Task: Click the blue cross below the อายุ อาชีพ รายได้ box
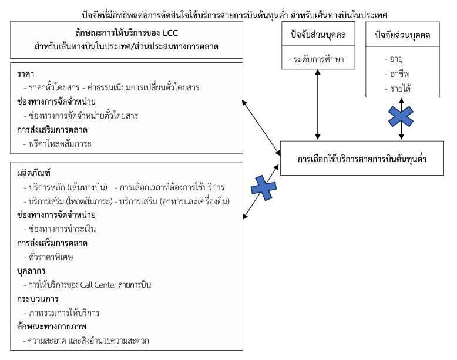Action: [x=401, y=116]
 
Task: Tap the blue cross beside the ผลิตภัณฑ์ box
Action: [x=264, y=188]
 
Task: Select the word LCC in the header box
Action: [x=170, y=33]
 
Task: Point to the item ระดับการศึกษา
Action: [x=319, y=59]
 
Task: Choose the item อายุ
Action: [x=396, y=59]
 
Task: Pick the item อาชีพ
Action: [x=399, y=74]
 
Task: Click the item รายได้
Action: [x=400, y=88]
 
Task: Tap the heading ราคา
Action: [x=26, y=74]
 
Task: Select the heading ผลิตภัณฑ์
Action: [x=34, y=173]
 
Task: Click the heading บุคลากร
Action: [x=31, y=271]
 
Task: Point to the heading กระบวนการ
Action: [x=38, y=299]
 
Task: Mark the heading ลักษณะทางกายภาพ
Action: [x=52, y=327]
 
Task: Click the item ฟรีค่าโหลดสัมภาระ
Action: [x=60, y=144]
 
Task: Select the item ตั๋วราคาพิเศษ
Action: [x=51, y=257]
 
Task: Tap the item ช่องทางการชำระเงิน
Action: [x=62, y=229]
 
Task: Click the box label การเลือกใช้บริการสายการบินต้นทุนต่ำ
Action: [x=362, y=159]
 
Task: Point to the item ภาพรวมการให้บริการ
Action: [x=64, y=313]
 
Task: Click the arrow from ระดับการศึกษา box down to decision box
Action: [x=318, y=105]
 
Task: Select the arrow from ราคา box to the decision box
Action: [x=261, y=127]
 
